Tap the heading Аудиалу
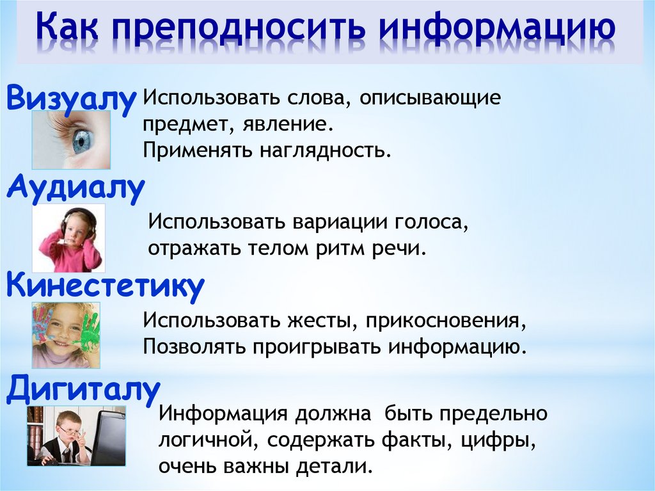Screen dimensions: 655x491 (75, 189)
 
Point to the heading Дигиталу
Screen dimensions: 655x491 (83, 390)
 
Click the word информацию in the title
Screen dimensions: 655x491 (497, 28)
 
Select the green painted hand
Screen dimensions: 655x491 (87, 331)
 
